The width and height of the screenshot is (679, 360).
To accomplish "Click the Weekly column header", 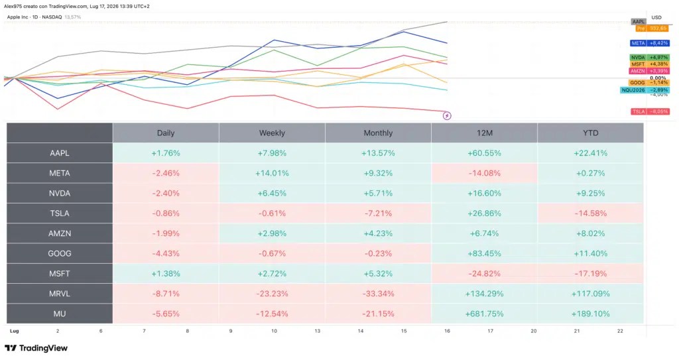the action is click(x=272, y=133).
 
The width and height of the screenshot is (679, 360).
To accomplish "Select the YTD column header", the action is click(x=591, y=133).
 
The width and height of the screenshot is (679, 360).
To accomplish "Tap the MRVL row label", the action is click(x=59, y=294).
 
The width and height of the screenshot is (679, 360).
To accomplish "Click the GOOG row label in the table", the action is click(x=59, y=253).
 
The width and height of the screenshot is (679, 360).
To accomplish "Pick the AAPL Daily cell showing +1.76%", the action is click(x=166, y=153).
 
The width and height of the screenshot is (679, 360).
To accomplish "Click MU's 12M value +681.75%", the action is click(x=484, y=314).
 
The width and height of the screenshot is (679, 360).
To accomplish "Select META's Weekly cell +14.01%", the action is click(x=272, y=173).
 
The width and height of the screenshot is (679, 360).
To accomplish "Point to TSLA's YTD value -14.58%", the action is click(x=591, y=213).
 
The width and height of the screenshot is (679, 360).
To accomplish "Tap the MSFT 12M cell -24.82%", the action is click(x=484, y=274).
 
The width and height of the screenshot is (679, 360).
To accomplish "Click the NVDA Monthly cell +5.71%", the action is click(x=378, y=193).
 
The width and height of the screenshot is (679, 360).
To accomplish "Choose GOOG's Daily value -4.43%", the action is click(x=166, y=253).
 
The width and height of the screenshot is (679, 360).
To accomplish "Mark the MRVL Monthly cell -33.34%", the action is click(x=378, y=294).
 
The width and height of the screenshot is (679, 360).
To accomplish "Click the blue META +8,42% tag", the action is click(x=650, y=43).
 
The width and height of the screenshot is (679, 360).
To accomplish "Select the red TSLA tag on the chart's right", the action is click(x=650, y=112).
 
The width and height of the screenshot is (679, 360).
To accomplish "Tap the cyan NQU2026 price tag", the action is click(x=645, y=90).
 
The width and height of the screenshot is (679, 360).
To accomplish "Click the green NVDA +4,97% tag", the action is click(x=650, y=58).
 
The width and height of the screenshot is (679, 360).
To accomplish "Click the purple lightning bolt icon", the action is click(x=447, y=115).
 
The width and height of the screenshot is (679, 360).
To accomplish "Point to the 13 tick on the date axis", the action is click(x=318, y=331).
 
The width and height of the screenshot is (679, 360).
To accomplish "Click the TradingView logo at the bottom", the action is click(x=36, y=348).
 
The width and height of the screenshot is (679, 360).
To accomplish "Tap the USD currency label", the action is click(x=656, y=18).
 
